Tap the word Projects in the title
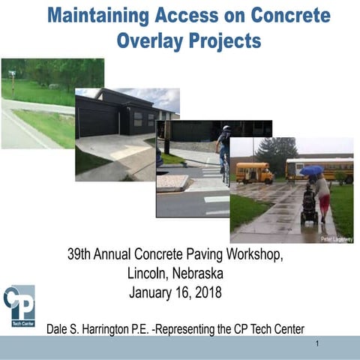coord(223,40)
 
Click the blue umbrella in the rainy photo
coord(310,171)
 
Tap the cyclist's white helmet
coord(226,128)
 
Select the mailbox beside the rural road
coord(11,73)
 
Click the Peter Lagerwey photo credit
coord(335,238)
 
